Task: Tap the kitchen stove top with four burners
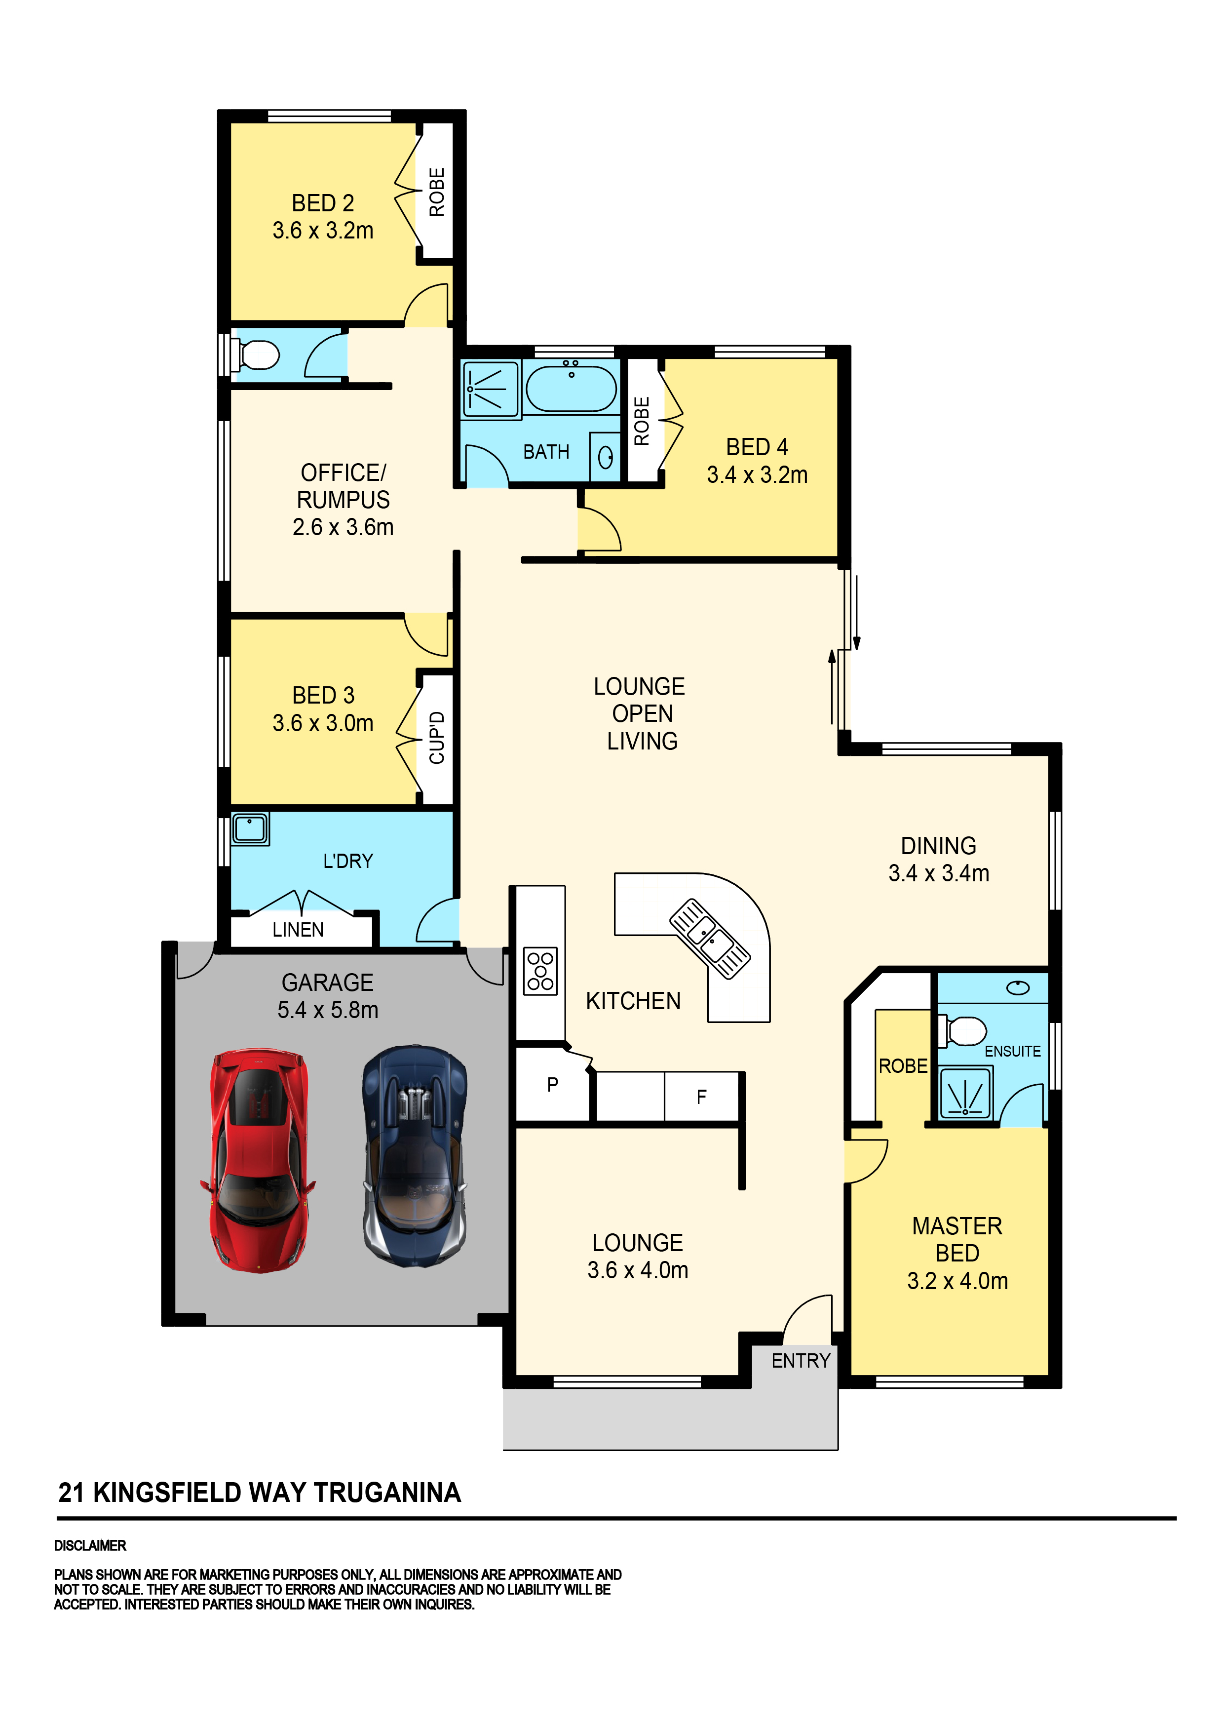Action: [540, 971]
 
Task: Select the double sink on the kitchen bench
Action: [710, 939]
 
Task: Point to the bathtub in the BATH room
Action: [571, 388]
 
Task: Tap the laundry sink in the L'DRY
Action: [250, 828]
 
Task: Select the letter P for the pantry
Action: [553, 1085]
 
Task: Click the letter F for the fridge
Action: [701, 1097]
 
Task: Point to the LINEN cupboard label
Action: [298, 930]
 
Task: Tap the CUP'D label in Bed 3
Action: [437, 737]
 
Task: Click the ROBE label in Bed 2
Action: [437, 192]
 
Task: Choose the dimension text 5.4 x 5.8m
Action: [328, 1009]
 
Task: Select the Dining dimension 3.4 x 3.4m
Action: [938, 873]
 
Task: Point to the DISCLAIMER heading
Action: [90, 1546]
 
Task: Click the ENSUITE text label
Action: [1012, 1051]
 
